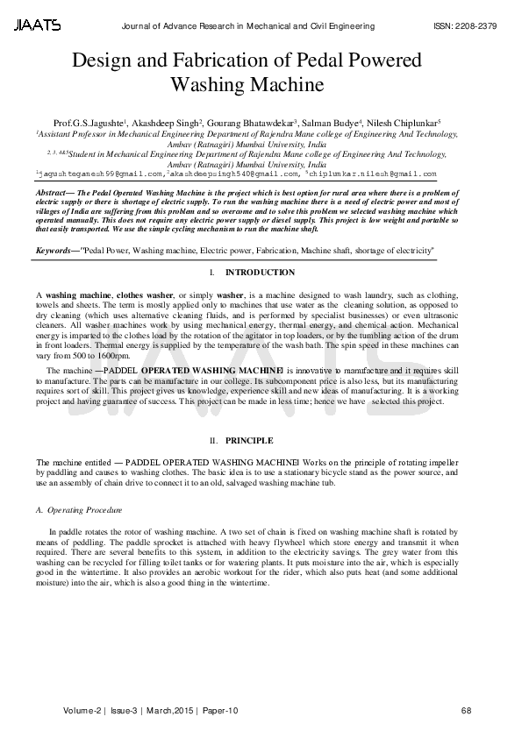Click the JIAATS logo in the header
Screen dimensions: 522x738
point(37,25)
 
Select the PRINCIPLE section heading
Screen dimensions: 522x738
point(249,439)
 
